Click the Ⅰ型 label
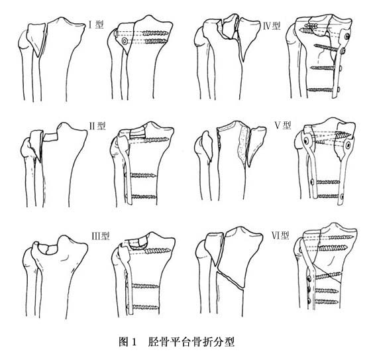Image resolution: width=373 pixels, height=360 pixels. point(96,25)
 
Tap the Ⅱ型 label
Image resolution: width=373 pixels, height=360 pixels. point(97,126)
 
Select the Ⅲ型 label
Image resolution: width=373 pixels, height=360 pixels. point(101,236)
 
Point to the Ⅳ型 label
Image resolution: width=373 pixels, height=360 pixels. point(272,26)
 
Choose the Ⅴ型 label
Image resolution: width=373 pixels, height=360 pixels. point(283,125)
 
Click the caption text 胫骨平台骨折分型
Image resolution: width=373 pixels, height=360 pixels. point(191,342)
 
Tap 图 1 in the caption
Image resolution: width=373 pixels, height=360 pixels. point(127,342)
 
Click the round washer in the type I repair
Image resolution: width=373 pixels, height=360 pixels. point(125,41)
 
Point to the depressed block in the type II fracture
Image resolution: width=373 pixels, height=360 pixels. point(50,137)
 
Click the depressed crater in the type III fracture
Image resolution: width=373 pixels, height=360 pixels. point(48,249)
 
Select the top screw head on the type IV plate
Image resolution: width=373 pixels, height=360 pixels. point(347,36)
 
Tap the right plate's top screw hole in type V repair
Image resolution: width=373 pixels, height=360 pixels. point(348,145)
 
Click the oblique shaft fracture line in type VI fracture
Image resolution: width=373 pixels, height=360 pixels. point(231,279)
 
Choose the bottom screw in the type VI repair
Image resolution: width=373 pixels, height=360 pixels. point(324,302)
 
